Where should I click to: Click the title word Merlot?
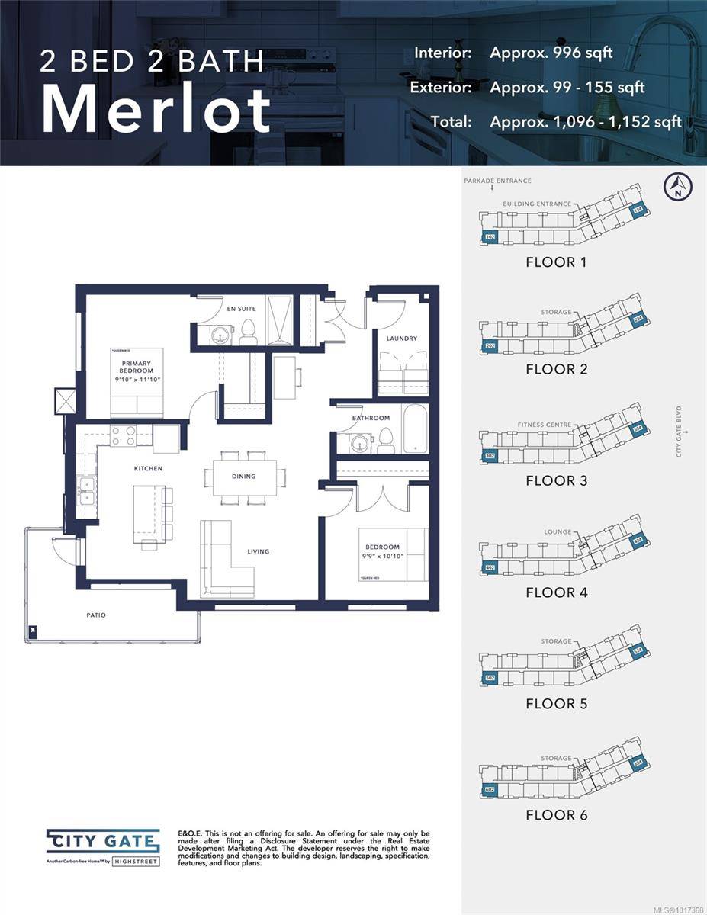156,111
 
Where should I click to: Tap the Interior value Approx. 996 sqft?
551,53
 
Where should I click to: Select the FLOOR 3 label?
556,480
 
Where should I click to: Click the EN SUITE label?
242,309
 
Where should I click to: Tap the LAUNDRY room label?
401,339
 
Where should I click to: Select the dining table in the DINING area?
245,477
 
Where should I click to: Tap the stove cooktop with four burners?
124,435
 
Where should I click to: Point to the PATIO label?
95,614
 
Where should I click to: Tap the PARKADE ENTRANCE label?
497,181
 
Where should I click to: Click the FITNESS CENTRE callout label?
544,425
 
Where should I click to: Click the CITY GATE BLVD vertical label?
678,432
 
